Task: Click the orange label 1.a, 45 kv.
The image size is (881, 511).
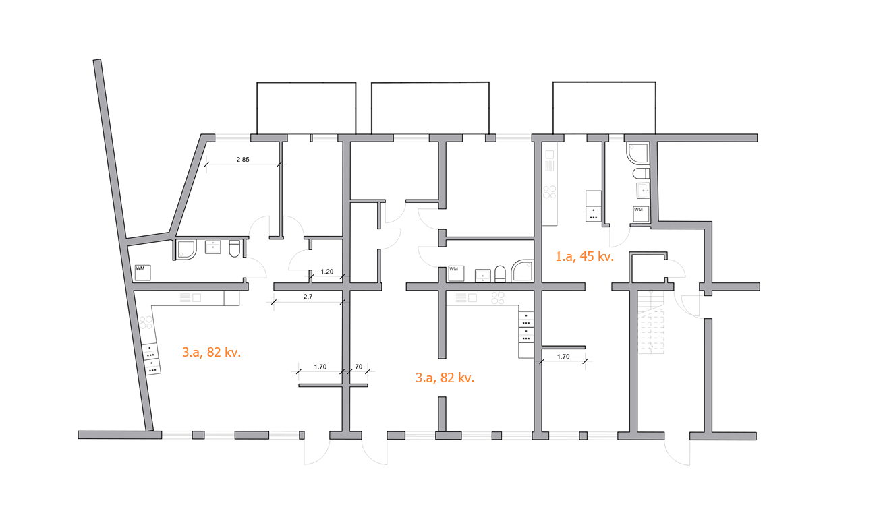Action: pyautogui.click(x=584, y=256)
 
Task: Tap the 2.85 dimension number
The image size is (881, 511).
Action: pyautogui.click(x=243, y=160)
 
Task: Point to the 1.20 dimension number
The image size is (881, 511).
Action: pyautogui.click(x=327, y=272)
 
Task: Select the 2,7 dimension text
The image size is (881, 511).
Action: pyautogui.click(x=308, y=297)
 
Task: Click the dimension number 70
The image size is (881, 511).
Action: pyautogui.click(x=358, y=367)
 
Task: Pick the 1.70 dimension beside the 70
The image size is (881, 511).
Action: pyautogui.click(x=320, y=367)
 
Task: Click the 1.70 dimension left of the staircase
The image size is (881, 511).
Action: pyautogui.click(x=563, y=357)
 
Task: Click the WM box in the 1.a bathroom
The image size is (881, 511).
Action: pyautogui.click(x=641, y=214)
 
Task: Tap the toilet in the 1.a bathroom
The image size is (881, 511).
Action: pyautogui.click(x=641, y=173)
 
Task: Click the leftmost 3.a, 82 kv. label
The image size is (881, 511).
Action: pyautogui.click(x=211, y=352)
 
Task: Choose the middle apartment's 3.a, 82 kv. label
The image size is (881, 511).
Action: pyautogui.click(x=445, y=378)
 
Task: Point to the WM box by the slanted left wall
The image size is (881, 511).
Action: pyautogui.click(x=143, y=272)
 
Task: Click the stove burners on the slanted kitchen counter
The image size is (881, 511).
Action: pyautogui.click(x=146, y=323)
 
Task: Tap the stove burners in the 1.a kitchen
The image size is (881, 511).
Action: pyautogui.click(x=550, y=192)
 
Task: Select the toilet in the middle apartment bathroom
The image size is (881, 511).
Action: pyautogui.click(x=500, y=274)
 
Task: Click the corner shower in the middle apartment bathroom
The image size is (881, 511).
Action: pyautogui.click(x=522, y=271)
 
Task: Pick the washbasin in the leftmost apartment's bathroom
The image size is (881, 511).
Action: pyautogui.click(x=212, y=247)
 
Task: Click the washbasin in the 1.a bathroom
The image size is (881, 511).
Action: pyautogui.click(x=643, y=190)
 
